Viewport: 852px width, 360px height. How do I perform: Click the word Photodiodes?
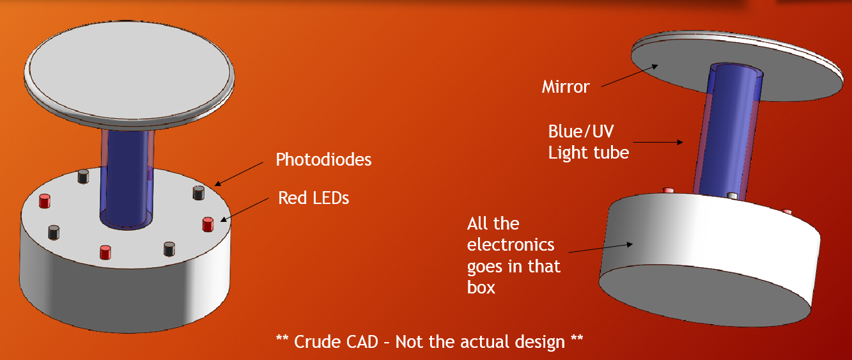click(x=323, y=159)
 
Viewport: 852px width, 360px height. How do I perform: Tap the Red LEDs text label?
click(x=313, y=198)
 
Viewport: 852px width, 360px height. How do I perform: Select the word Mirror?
click(x=566, y=87)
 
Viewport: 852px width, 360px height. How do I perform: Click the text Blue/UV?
click(x=581, y=132)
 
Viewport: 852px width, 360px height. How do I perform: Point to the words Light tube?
click(x=589, y=153)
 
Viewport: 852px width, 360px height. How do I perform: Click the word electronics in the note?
click(x=511, y=245)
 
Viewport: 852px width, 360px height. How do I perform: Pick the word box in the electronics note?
click(x=481, y=287)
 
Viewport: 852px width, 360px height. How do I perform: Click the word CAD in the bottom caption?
click(x=355, y=341)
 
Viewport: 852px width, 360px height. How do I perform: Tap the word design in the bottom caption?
click(x=540, y=342)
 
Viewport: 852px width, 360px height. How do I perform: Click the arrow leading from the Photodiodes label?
click(x=239, y=174)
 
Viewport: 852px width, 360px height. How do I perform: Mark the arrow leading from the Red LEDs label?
click(x=245, y=209)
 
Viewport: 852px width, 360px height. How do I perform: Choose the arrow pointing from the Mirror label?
click(x=630, y=75)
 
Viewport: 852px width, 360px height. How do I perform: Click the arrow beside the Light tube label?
click(x=658, y=143)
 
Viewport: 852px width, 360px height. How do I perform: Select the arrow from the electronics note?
click(x=601, y=248)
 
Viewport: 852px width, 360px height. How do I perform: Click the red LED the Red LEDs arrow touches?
click(x=208, y=224)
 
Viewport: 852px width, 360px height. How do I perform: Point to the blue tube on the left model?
click(x=127, y=179)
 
